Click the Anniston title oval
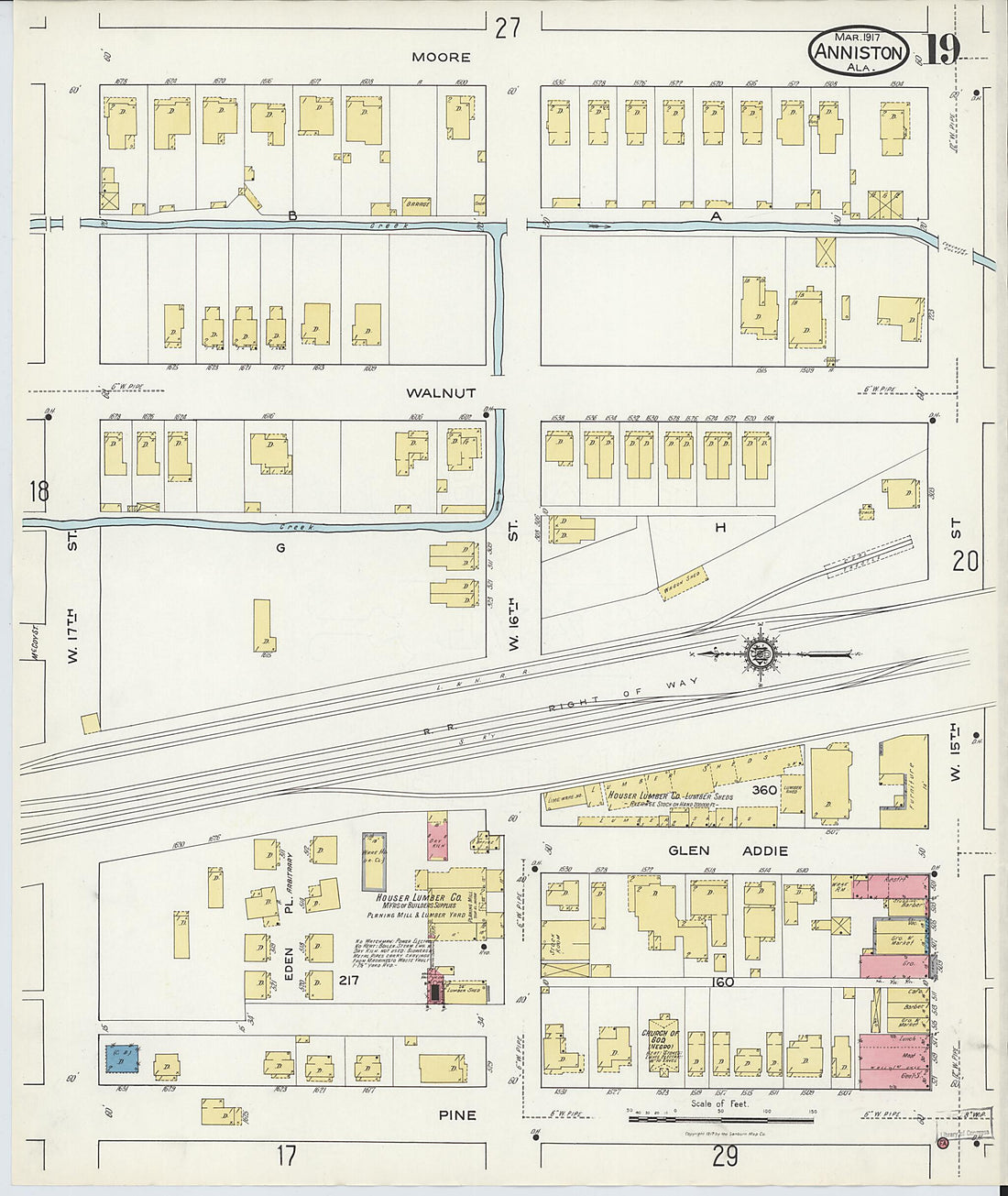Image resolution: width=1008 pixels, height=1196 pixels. pos(859,51)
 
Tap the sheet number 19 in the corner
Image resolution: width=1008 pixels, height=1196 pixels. pos(939,50)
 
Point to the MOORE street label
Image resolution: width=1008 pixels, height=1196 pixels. pos(441,57)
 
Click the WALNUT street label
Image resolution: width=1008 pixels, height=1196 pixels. pos(441,392)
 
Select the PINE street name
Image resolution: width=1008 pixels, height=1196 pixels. pos(456,1115)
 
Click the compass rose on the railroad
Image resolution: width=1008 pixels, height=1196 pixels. pos(759,654)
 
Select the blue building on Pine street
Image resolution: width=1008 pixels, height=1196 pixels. pos(122,1059)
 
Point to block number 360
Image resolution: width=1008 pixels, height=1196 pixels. pos(764,789)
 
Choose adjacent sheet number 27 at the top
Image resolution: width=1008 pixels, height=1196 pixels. pos(507,28)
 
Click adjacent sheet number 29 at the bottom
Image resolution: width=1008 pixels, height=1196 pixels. pos(724,1157)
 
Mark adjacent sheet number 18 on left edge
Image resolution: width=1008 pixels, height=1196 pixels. pos(38,491)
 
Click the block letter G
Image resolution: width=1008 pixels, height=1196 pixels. pos(280,548)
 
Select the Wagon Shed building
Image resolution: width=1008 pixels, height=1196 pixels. pos(682,585)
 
